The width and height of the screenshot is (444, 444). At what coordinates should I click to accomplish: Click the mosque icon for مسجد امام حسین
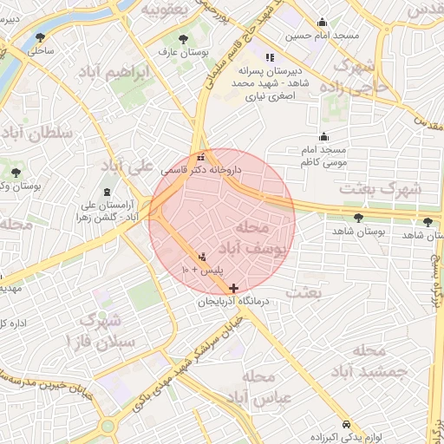click(x=323, y=23)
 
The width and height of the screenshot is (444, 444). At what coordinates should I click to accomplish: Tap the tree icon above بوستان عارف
click(x=182, y=39)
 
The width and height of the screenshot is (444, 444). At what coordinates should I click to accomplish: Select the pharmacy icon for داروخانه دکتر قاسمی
click(x=202, y=158)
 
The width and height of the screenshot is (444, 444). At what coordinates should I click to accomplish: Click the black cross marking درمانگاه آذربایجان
click(x=233, y=288)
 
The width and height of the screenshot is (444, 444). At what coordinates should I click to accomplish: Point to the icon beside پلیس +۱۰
click(x=203, y=256)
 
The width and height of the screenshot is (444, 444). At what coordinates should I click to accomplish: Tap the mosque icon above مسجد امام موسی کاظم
click(x=324, y=136)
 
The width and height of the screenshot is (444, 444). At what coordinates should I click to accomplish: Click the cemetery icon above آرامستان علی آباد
click(x=107, y=191)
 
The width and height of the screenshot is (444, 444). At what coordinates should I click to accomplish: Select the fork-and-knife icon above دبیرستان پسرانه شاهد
click(x=257, y=57)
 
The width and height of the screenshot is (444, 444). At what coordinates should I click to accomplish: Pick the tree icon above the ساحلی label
click(x=40, y=36)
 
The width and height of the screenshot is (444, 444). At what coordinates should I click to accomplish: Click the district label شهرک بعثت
click(x=380, y=186)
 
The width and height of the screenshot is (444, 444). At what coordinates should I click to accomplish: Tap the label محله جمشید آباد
click(x=369, y=361)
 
